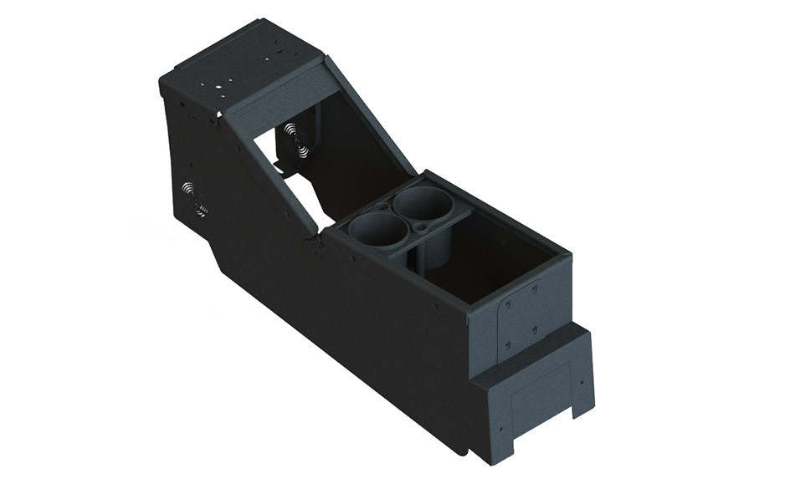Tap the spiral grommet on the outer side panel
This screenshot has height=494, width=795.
point(195,198)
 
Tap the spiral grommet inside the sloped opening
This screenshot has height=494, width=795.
point(295,138)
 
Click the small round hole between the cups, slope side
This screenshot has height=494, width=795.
point(382,206)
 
